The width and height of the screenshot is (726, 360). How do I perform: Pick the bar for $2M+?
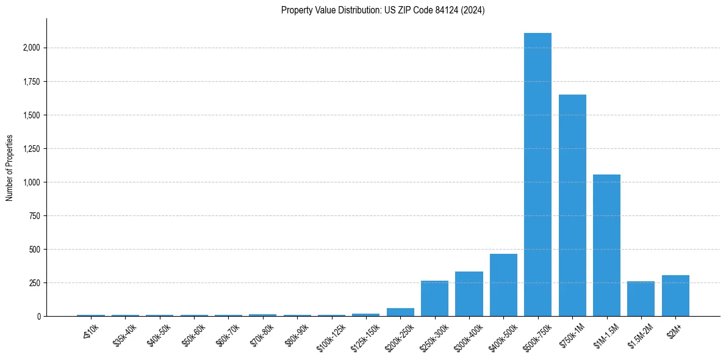(x=675, y=296)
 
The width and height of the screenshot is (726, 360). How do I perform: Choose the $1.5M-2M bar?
(x=641, y=299)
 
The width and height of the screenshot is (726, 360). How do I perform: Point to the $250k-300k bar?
(x=434, y=298)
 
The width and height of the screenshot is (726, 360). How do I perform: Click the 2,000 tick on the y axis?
(x=32, y=48)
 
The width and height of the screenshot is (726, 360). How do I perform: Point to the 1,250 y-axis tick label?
(x=32, y=149)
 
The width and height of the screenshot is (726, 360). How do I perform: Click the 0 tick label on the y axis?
(x=39, y=317)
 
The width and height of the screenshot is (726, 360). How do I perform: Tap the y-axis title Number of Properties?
(x=10, y=167)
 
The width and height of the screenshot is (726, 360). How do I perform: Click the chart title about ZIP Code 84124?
(x=383, y=10)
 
